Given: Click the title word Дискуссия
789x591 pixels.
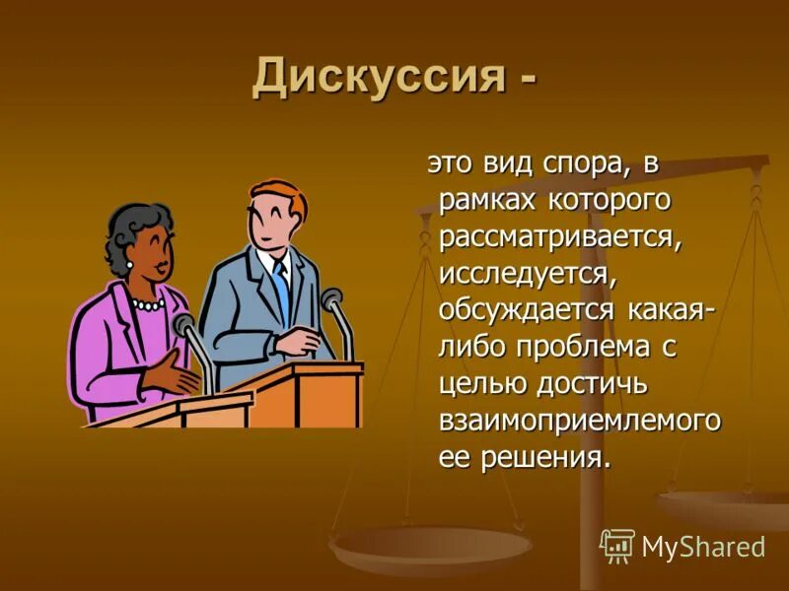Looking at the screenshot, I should pos(376,77).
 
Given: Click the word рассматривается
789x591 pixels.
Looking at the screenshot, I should pos(560,236).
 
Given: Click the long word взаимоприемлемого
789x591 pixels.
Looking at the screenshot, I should pos(580,420).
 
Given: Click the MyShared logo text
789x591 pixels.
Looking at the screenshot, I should pos(702,547).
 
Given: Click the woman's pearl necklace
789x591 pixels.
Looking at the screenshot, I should pos(149,304).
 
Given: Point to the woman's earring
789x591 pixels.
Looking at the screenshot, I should pos(129,266).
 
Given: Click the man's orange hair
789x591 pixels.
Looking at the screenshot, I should pos(279,194).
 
